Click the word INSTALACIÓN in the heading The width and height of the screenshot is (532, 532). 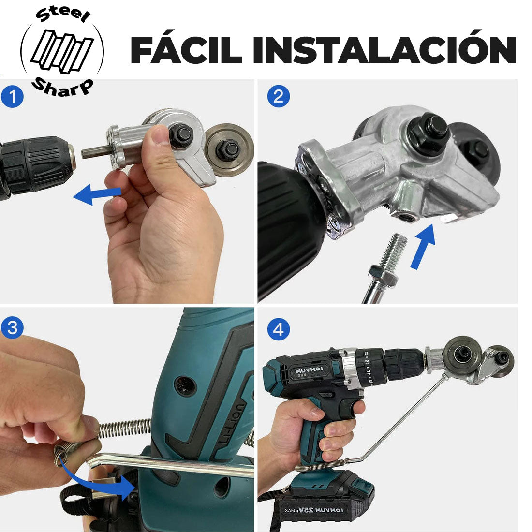point(384,47)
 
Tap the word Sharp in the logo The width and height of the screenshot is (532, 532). point(62,87)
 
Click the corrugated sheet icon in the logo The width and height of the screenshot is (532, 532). point(62,51)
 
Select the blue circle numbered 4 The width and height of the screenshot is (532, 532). point(278,329)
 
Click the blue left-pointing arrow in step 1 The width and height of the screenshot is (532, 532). point(97,194)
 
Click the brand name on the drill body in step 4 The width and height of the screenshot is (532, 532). point(310,370)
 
